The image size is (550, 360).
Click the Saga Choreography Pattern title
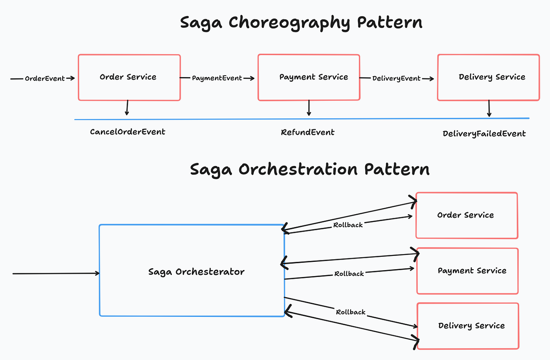301,22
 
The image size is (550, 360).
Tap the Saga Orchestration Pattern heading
310,169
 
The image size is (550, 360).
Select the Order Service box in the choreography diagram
129,77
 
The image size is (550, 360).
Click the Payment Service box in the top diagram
308,77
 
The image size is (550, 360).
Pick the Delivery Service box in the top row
488,77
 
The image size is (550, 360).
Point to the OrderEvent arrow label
44,78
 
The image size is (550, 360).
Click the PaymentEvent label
217,78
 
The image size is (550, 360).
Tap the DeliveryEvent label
396,78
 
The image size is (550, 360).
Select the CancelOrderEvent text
127,132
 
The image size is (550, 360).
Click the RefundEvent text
308,132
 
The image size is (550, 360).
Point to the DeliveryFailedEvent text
484,134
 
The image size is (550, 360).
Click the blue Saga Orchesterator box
192,271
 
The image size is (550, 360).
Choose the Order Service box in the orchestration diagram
467,215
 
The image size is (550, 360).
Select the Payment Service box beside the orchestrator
467,271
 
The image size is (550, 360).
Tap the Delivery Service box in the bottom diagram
467,326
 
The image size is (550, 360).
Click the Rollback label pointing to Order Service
348,225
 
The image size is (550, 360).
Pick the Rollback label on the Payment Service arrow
349,274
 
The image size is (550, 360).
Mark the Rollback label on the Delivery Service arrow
351,312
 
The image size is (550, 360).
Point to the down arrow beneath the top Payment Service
309,108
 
